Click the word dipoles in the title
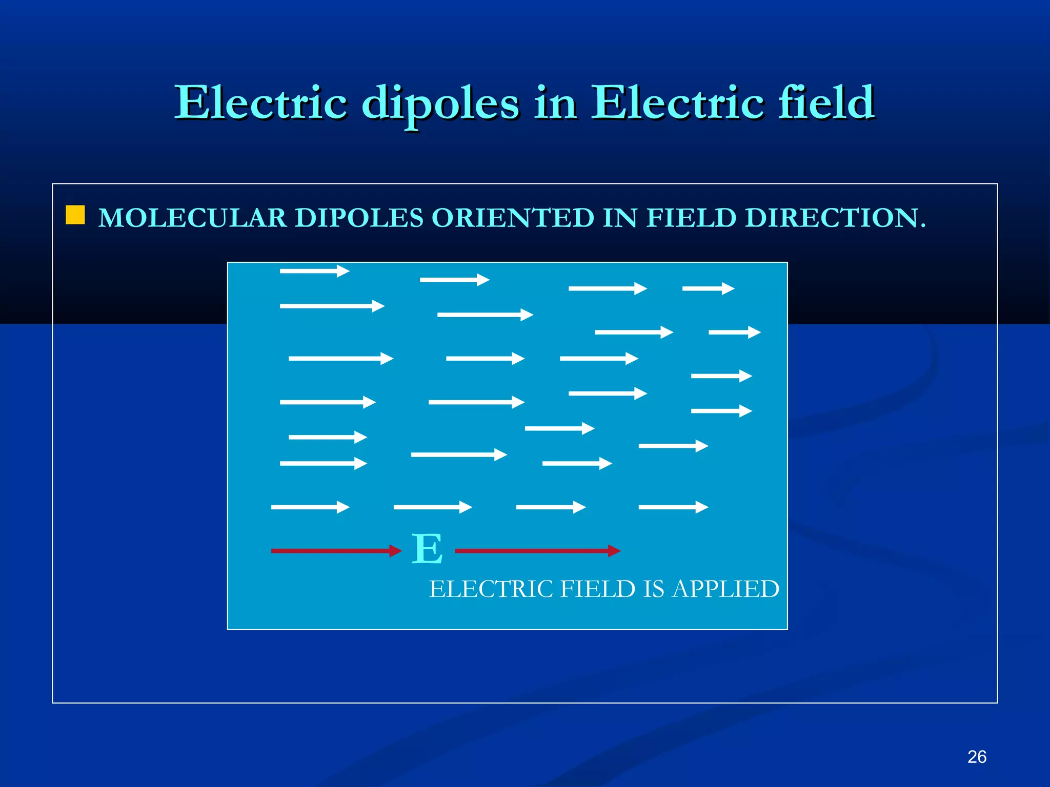click(x=440, y=103)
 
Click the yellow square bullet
click(x=75, y=215)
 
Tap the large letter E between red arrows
click(x=427, y=549)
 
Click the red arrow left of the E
click(x=336, y=551)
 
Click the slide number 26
click(x=977, y=757)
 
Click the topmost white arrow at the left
click(x=314, y=271)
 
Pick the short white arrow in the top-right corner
click(x=708, y=289)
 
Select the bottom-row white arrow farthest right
click(x=673, y=507)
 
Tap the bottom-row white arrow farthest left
click(x=310, y=507)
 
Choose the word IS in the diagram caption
click(x=653, y=589)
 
